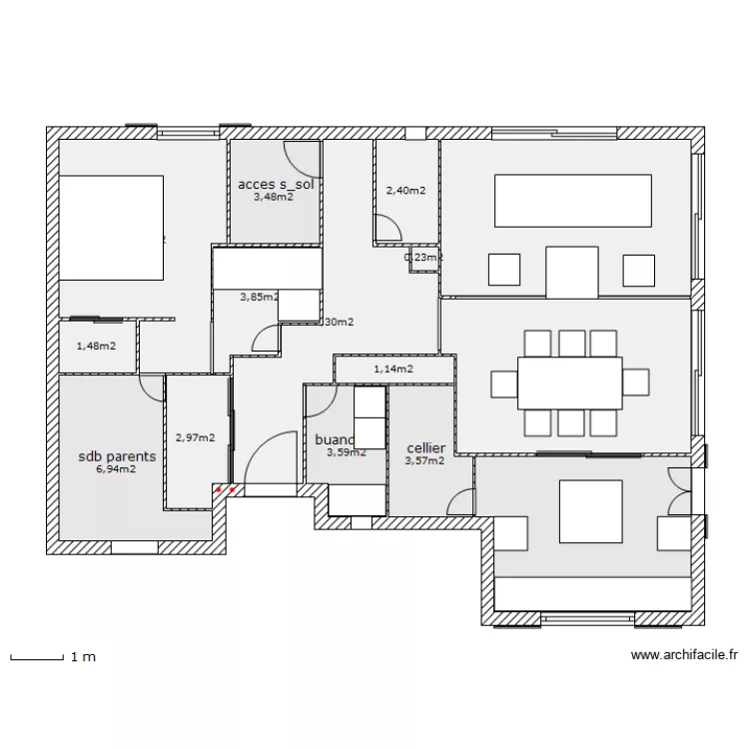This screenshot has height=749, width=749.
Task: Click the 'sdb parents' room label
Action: pos(117,456)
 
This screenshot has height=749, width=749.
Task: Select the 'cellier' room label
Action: pos(425,448)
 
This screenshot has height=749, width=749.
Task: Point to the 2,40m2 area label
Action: pos(405,190)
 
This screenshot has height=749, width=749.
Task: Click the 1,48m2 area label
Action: pos(96,347)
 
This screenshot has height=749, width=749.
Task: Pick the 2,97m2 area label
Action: pos(195,436)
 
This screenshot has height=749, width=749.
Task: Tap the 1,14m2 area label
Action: pos(393,370)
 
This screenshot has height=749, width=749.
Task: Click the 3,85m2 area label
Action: pos(259,297)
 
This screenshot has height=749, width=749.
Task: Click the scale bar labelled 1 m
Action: pos(35,657)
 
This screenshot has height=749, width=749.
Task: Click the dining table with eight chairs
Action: pos(569,381)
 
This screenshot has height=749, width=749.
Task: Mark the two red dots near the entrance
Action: pos(226,490)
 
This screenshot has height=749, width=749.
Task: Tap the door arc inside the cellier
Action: pos(462,501)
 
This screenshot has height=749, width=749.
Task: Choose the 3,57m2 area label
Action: pos(424,461)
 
